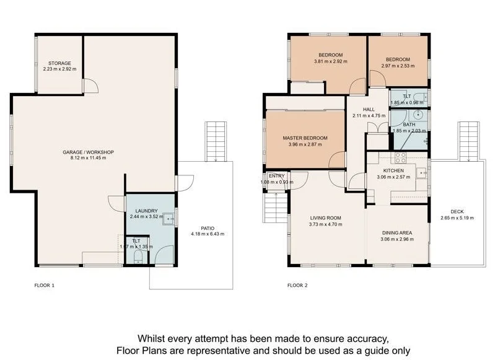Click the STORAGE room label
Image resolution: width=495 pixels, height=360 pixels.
pyautogui.click(x=60, y=63)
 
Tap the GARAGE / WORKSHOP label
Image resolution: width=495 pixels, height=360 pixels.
pyautogui.click(x=88, y=152)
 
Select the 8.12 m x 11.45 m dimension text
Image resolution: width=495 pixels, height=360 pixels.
pyautogui.click(x=88, y=158)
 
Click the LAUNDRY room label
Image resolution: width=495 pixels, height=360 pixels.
pyautogui.click(x=147, y=211)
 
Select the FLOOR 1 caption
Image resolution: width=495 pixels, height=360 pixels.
pyautogui.click(x=45, y=286)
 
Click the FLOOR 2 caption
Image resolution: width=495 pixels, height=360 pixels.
pyautogui.click(x=297, y=286)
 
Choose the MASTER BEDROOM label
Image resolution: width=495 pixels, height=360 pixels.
pyautogui.click(x=305, y=138)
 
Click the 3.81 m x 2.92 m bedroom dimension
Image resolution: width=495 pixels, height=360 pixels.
pyautogui.click(x=330, y=61)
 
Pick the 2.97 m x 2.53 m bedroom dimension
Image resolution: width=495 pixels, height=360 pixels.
pyautogui.click(x=396, y=66)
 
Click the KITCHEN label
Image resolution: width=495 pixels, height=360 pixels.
pyautogui.click(x=393, y=170)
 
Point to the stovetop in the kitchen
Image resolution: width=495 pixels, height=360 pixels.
pyautogui.click(x=400, y=157)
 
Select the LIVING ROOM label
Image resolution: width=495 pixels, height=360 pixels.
pyautogui.click(x=326, y=218)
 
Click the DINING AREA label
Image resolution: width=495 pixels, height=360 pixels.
pyautogui.click(x=396, y=233)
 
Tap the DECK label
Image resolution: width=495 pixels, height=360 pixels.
pyautogui.click(x=457, y=211)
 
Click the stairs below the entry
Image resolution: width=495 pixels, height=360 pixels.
pyautogui.click(x=272, y=206)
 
